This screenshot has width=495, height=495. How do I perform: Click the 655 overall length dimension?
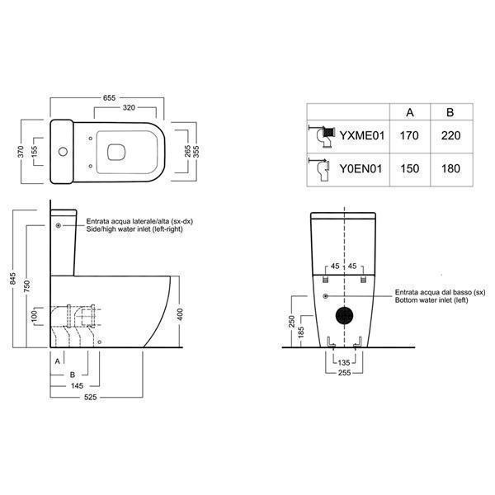[x=109, y=98]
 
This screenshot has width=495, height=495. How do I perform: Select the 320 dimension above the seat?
[x=129, y=107]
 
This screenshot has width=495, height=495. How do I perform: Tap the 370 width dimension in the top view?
[x=21, y=152]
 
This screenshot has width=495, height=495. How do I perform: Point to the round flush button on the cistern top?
[x=63, y=152]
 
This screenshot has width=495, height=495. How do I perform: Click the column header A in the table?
[x=410, y=112]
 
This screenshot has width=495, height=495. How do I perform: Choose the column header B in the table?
[x=450, y=112]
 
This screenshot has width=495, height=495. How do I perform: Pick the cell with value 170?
[x=409, y=136]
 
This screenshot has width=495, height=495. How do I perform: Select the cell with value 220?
[x=450, y=136]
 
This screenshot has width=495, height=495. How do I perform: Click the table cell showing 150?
[x=410, y=168]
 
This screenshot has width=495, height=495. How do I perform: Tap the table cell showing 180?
[x=450, y=168]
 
